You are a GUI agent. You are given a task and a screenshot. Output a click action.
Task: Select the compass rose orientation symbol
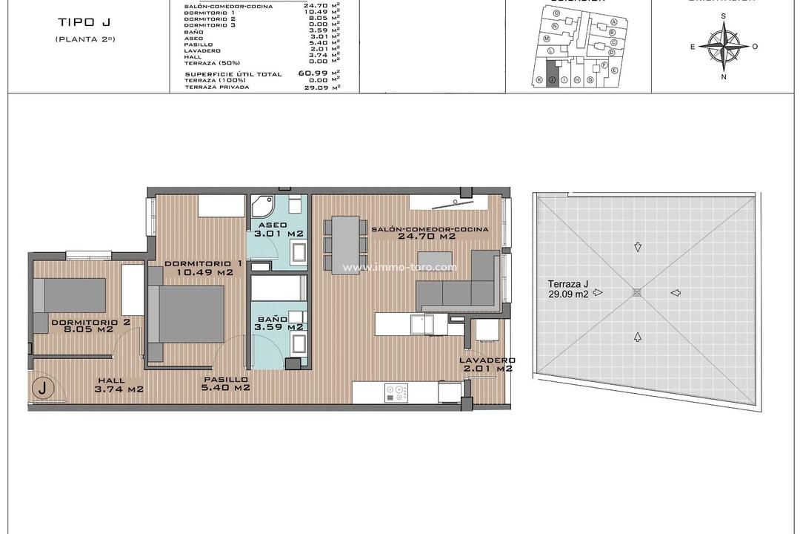coord(724,46)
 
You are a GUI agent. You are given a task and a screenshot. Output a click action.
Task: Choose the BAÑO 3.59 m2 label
coord(278,321)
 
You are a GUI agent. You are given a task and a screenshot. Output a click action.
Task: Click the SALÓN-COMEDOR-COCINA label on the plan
coord(430,233)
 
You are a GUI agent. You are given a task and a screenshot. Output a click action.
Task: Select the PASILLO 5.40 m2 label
coord(227,383)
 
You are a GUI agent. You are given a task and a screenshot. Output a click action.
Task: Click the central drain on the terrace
coord(636,293)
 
